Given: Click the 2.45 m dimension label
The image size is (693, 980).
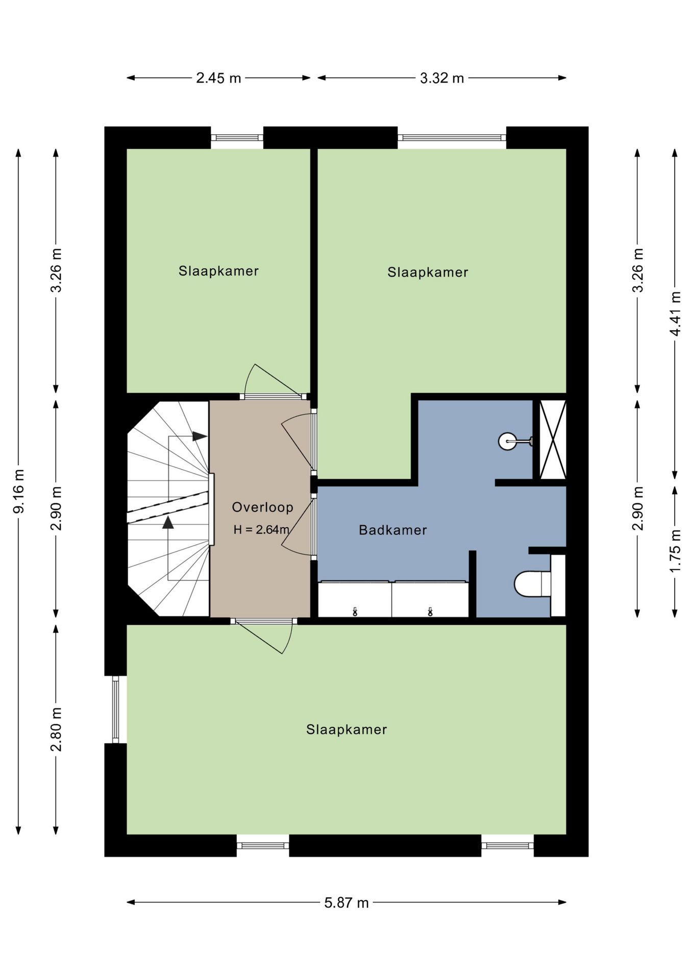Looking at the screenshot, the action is (x=218, y=78).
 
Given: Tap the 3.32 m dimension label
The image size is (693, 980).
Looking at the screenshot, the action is (x=442, y=78).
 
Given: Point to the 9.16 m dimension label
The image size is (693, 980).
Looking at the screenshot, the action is (x=19, y=491).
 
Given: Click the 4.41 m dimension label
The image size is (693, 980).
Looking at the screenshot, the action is (x=675, y=313).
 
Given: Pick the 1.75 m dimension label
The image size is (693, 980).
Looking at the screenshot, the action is (x=675, y=551).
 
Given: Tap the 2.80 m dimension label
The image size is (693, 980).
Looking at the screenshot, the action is (x=56, y=729).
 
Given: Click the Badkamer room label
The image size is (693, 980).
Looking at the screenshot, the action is (x=393, y=530).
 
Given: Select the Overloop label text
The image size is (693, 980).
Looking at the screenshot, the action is (x=263, y=507).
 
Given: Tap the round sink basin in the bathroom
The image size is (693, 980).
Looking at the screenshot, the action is (x=507, y=441).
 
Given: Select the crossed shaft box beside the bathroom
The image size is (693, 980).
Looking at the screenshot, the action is (x=553, y=439).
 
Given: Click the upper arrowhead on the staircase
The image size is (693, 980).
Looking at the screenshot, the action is (x=200, y=436).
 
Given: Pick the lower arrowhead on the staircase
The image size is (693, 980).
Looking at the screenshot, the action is (x=168, y=523).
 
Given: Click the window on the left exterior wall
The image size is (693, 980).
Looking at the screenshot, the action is (x=115, y=709).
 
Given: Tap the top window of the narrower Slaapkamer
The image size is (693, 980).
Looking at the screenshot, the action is (x=237, y=138).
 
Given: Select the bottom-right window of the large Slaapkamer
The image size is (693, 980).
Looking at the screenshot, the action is (x=507, y=846).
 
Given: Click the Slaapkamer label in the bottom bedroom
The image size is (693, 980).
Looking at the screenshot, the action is (x=346, y=729).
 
